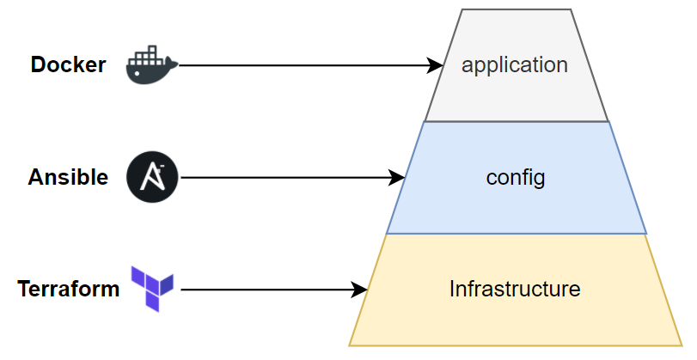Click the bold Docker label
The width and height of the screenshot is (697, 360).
point(68,65)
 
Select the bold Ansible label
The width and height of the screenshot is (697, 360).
point(68,178)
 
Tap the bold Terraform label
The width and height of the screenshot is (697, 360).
point(68,290)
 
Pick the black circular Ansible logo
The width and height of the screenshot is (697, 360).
point(152,178)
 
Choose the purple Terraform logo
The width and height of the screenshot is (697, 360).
point(152,288)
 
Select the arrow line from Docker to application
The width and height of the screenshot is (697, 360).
point(301,65)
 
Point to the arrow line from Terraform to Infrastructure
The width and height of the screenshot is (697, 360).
point(266,290)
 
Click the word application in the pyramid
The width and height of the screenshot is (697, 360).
point(515,65)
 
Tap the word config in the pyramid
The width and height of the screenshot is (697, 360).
point(516,178)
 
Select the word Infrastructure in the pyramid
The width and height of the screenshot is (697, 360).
point(515,290)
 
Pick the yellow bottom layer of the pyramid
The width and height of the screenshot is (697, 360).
point(516,322)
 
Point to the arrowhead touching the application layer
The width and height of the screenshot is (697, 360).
point(436,65)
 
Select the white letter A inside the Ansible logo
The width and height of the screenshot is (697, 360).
point(153,179)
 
